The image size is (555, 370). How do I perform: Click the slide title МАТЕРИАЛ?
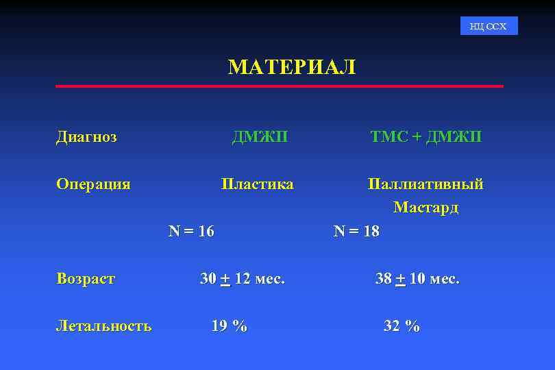pos(292,67)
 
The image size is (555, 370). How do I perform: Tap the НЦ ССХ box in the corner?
pos(489,26)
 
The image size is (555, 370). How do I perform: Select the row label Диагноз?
pos(86,137)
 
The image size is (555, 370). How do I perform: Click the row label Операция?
pos(93,184)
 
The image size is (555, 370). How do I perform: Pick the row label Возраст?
pos(86,279)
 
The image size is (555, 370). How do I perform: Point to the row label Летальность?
pos(103,326)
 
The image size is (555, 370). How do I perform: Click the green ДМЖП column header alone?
pos(260,137)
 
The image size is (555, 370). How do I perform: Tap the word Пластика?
pos(257,184)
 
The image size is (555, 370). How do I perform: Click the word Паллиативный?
pos(425,184)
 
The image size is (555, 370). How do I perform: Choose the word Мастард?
pos(425,208)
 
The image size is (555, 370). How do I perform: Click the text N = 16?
pos(191,232)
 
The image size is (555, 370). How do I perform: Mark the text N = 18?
pos(356,232)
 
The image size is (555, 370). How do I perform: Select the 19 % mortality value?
pos(230,326)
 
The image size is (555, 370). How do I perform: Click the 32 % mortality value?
pos(402,326)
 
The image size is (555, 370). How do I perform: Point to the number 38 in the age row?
pos(384,279)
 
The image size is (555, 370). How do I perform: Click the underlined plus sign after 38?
pos(401,280)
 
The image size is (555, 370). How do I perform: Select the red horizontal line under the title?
pos(279,86)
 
